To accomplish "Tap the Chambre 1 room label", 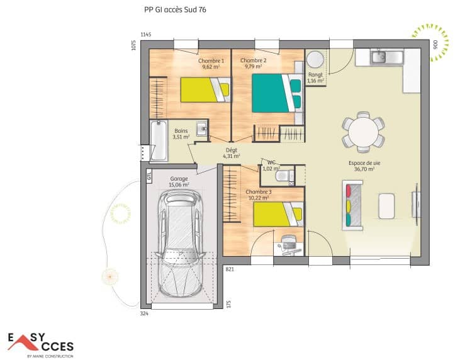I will click(211, 60).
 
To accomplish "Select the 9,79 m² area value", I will click(253, 66).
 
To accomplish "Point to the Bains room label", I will click(181, 131).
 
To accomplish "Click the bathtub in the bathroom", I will click(159, 142).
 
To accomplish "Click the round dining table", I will click(363, 132).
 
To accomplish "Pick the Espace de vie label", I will click(362, 163).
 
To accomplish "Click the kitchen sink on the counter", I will click(379, 57).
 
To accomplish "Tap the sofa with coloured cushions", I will click(352, 204).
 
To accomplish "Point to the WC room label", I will click(272, 162).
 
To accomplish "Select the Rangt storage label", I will click(315, 74).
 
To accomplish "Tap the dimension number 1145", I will click(146, 34).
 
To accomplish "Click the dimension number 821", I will click(230, 269).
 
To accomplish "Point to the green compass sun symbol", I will click(432, 43).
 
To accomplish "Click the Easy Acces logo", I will click(41, 344).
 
